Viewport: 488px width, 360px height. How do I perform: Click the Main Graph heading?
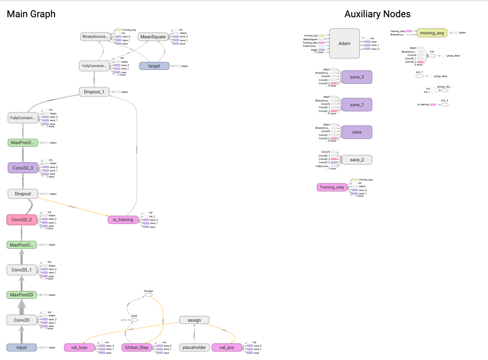point(31,14)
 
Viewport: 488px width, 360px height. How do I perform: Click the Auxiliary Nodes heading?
point(377,14)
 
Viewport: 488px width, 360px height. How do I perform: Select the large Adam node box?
point(344,43)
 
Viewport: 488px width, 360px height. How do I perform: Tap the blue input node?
point(22,348)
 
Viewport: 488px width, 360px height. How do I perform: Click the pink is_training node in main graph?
point(123,219)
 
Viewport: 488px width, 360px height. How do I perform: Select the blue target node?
point(154,66)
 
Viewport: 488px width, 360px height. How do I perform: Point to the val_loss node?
point(79,348)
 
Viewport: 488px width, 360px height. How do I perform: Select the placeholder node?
point(194,348)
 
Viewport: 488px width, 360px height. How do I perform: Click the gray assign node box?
point(194,320)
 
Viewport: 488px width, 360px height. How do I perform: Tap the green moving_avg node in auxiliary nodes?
point(432,33)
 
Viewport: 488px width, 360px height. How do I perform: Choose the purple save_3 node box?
point(357,77)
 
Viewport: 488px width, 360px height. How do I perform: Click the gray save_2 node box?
point(357,160)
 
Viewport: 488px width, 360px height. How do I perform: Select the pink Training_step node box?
point(331,187)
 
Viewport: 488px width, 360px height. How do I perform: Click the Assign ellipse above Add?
point(148,295)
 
